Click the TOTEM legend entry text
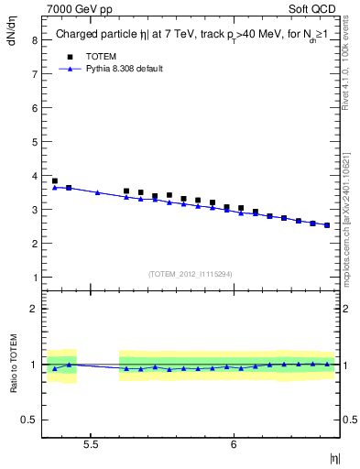(102, 57)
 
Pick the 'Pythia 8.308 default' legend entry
(125, 69)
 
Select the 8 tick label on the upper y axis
(33, 40)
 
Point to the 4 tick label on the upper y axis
(33, 176)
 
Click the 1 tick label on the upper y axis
(33, 278)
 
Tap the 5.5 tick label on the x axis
(91, 444)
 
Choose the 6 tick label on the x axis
(234, 444)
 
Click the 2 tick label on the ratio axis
(33, 309)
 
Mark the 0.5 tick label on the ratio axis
(29, 420)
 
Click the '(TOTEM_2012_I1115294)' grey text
(191, 274)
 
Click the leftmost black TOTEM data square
(55, 181)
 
